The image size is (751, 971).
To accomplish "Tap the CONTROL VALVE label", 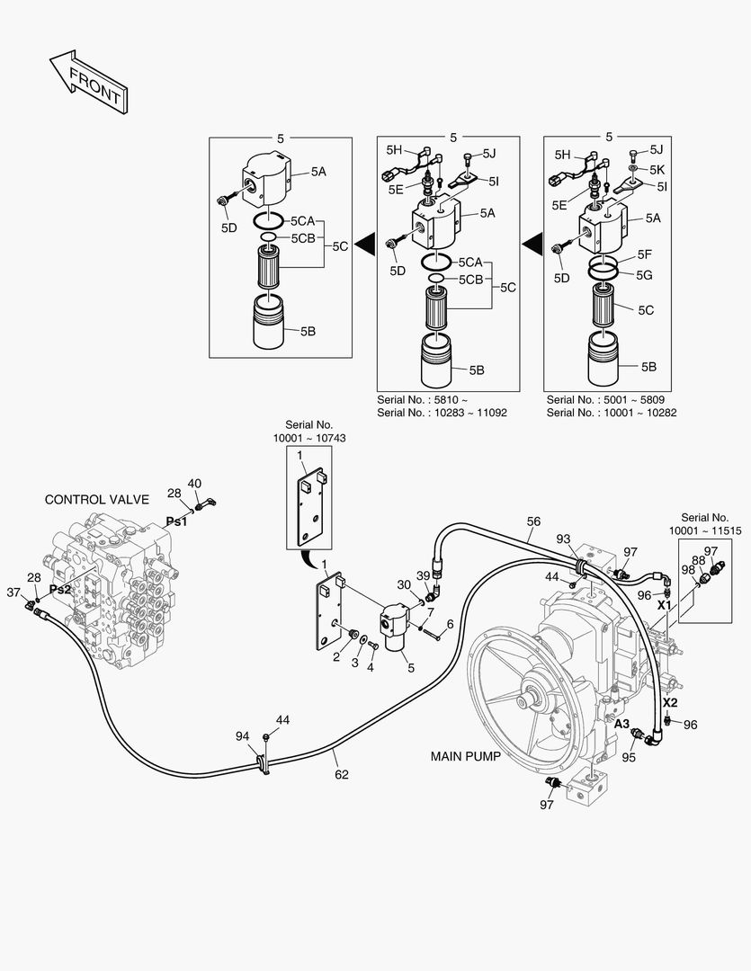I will [x=97, y=500].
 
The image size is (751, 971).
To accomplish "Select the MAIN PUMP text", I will [x=466, y=757].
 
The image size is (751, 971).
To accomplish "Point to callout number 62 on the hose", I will [x=342, y=774].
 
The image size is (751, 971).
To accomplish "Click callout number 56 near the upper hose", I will [x=533, y=521].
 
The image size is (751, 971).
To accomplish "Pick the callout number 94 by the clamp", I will [x=243, y=736].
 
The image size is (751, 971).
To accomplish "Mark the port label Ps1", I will [x=176, y=521].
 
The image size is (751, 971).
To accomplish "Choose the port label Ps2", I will [x=60, y=589].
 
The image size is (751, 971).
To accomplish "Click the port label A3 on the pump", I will [x=622, y=723].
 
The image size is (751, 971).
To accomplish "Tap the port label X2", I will [x=670, y=702].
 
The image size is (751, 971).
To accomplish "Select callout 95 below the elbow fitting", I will [x=629, y=757].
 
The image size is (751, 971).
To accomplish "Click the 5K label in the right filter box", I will [x=657, y=169].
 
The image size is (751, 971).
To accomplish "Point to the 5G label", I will [x=645, y=274].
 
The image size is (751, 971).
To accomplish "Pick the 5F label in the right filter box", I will [x=645, y=255].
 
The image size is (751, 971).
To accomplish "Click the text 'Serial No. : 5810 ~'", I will [x=423, y=399].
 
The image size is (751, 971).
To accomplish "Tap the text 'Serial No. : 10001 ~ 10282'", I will [x=612, y=413].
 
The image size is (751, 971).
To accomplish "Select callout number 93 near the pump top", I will [x=564, y=539].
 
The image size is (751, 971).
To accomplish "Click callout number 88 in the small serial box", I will [x=698, y=560].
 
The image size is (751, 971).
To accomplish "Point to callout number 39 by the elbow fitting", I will [x=423, y=575].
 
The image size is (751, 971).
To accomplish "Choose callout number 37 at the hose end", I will [x=13, y=592].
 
